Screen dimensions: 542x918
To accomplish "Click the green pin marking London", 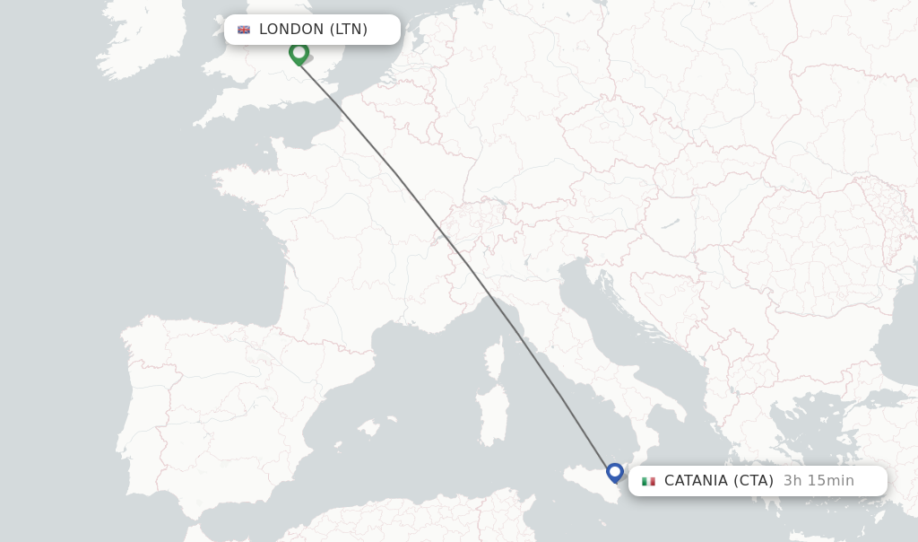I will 299,52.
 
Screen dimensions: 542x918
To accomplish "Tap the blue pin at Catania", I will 614,471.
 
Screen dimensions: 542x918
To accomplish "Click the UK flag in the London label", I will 244,30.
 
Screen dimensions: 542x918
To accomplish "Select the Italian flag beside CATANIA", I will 648,481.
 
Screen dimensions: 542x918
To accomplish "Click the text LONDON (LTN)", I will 313,30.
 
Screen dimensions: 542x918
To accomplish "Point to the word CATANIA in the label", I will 696,481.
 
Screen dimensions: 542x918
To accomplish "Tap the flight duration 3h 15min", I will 818,481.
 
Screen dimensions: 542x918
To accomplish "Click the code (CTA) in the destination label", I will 753,481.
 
